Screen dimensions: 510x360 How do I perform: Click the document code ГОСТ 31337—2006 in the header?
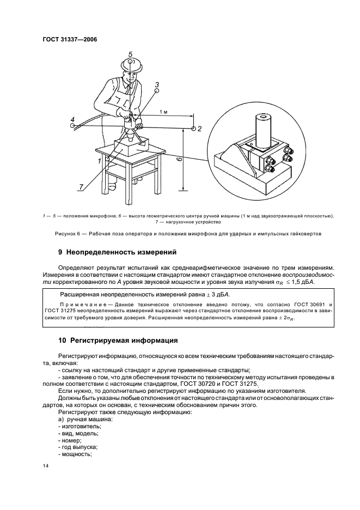coord(66,40)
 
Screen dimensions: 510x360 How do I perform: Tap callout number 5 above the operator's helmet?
coord(131,54)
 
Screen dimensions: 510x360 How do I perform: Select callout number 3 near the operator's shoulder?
coord(156,85)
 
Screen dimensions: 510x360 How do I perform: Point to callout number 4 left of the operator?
coord(72,119)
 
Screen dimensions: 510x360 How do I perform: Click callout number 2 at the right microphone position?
coord(199,129)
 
